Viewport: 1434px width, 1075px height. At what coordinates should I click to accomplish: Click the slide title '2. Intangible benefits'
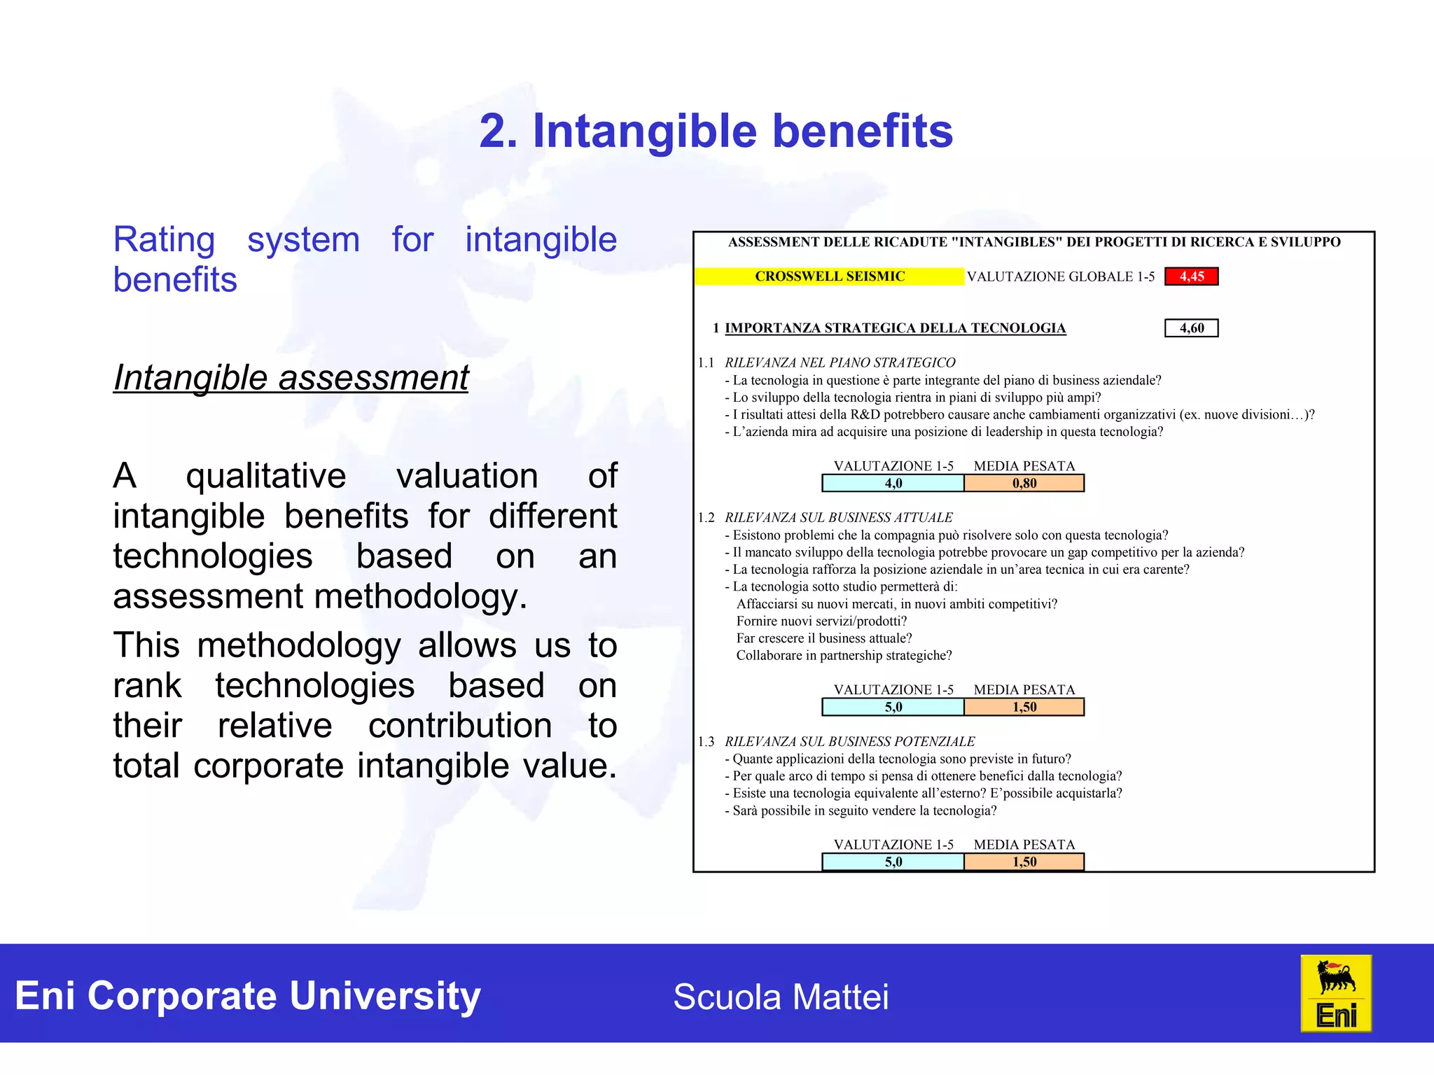[x=716, y=131]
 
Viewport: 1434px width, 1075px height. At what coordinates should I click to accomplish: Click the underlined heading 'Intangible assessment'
[x=291, y=378]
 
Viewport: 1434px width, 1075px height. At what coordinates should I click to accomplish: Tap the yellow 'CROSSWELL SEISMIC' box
[x=829, y=276]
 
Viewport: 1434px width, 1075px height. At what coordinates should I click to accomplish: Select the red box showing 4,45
[x=1191, y=276]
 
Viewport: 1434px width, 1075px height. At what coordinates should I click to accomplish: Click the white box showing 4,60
[x=1191, y=328]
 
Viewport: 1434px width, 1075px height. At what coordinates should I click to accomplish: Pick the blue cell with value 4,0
[x=893, y=484]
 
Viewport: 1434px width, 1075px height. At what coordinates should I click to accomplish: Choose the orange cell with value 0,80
[x=1024, y=484]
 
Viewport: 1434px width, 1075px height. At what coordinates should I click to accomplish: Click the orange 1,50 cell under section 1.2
[x=1024, y=708]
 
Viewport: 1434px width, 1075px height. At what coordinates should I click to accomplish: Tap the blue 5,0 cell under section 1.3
[x=893, y=862]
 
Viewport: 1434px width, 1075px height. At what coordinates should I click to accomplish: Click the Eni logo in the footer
[x=1335, y=994]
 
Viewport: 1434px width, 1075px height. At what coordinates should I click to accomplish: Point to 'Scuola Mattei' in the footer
[x=781, y=997]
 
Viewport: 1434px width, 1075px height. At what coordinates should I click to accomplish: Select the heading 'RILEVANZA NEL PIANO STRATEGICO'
[x=840, y=363]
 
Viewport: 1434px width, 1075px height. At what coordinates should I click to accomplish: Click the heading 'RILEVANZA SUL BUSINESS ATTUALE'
[x=838, y=517]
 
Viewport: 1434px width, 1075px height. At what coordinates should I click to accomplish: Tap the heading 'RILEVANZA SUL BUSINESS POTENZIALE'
[x=849, y=741]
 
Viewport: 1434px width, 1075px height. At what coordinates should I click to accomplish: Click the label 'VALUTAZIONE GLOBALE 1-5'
[x=1060, y=277]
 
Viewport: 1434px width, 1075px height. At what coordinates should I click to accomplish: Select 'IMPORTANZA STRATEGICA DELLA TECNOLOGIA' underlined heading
[x=895, y=328]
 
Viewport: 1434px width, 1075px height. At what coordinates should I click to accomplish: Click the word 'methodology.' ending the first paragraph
[x=420, y=597]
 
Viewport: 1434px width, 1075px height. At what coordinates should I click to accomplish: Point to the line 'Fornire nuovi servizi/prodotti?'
[x=821, y=621]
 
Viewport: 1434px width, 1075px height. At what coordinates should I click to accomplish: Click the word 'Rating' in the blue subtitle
[x=164, y=240]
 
